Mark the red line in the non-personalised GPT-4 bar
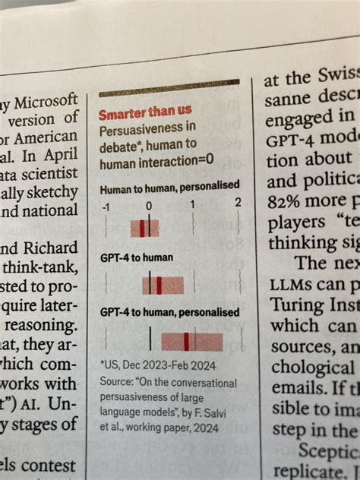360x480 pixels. [159, 284]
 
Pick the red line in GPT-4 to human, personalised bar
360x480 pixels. [186, 341]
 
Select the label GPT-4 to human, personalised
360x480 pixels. [169, 312]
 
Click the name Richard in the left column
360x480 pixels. [51, 248]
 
